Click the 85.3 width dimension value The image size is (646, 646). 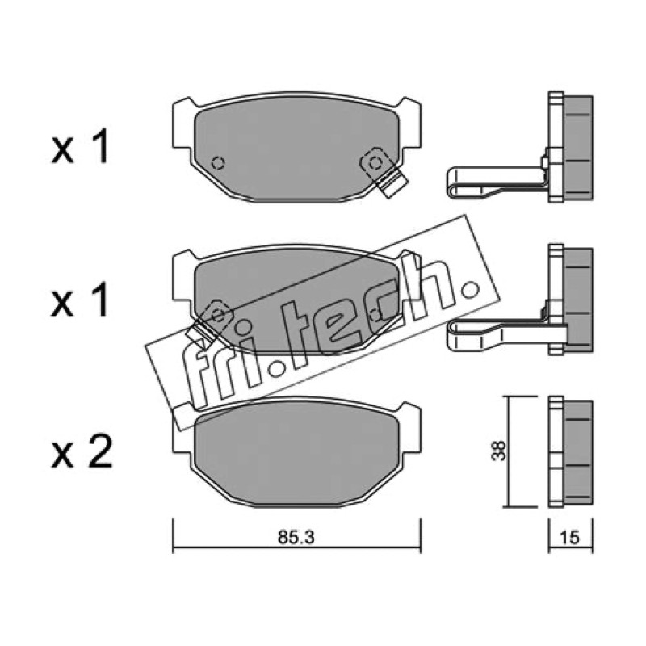click(296, 537)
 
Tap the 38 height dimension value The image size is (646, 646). click(499, 451)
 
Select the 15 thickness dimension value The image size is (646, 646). click(570, 537)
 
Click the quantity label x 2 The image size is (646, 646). click(82, 452)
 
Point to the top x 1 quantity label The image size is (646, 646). click(80, 146)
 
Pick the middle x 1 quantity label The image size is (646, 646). click(80, 300)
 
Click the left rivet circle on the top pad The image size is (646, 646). click(218, 163)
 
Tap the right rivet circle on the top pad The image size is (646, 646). click(375, 163)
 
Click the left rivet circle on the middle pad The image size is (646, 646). click(218, 316)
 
